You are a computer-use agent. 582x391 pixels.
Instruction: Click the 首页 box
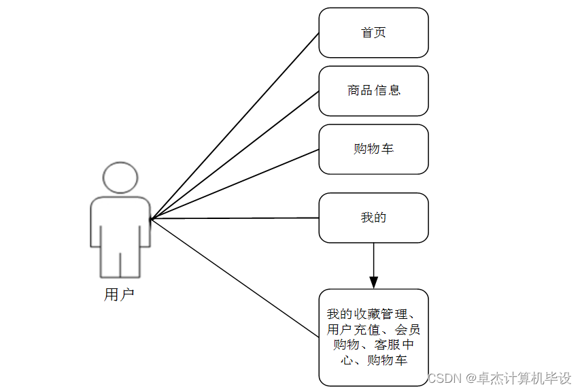(373, 33)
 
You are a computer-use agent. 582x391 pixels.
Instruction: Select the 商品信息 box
(373, 90)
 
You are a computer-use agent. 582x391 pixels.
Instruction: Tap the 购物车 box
(373, 149)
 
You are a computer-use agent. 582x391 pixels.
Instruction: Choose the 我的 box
(373, 218)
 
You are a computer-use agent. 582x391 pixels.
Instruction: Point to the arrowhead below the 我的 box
(373, 282)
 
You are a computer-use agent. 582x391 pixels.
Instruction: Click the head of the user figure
(120, 178)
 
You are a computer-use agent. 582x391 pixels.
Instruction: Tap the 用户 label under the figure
(120, 294)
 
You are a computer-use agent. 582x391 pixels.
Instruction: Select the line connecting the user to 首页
(235, 126)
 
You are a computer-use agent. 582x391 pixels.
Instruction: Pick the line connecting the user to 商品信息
(235, 155)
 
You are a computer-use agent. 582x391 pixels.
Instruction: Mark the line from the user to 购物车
(235, 184)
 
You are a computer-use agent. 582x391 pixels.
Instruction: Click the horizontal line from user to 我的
(235, 218)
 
